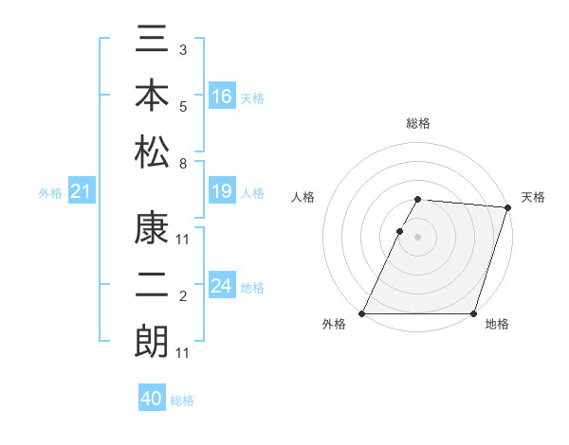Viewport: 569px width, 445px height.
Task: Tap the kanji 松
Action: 152,151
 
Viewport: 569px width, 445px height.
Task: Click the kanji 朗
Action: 152,341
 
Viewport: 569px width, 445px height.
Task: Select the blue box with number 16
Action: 222,97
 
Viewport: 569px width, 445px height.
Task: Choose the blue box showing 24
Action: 222,286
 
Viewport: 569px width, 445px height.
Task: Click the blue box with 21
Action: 82,192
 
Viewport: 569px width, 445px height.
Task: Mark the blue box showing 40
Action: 152,399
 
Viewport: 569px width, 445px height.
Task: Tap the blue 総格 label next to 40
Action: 182,400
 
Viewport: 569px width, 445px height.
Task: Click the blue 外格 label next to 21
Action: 50,193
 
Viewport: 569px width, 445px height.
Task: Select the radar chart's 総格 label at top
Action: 418,123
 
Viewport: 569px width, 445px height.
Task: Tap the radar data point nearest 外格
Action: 362,313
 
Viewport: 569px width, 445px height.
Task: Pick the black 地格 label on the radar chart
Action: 497,325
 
